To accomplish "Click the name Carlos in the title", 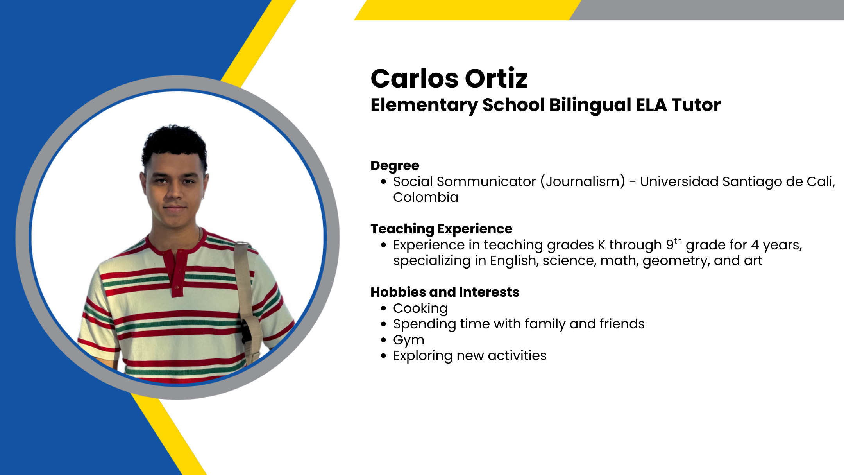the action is tap(414, 78).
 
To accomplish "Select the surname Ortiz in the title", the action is tap(496, 78).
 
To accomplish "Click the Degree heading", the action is tap(395, 166).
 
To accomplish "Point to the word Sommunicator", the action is tap(486, 182).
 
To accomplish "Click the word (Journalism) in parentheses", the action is tap(583, 182).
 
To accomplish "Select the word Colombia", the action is tap(426, 197).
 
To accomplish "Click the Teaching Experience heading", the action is tap(442, 229).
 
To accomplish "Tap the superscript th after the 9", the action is tap(678, 241).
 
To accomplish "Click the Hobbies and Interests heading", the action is tap(445, 292).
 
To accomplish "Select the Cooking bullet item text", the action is tap(420, 309).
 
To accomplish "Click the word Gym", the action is tap(409, 341).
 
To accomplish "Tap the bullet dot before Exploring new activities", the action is tap(384, 356).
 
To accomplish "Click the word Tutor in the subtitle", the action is tap(696, 105).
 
